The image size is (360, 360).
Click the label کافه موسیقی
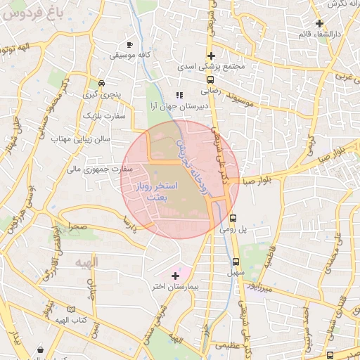tap(127, 54)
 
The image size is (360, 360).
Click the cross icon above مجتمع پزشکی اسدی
tap(210, 56)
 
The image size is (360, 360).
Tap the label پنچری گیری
tap(101, 94)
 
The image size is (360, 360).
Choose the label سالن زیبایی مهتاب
tap(82, 140)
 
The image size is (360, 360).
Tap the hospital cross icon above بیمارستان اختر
tap(175, 276)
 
